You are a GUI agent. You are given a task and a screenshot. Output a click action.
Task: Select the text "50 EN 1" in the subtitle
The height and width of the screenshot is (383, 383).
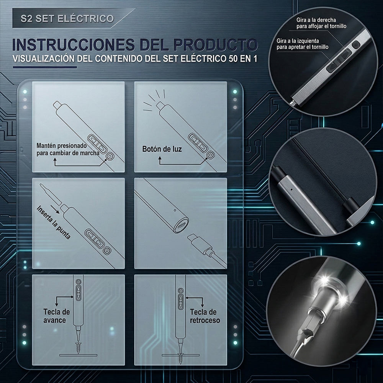coord(242,60)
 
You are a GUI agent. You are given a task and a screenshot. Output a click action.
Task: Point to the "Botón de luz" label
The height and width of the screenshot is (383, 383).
coord(162,149)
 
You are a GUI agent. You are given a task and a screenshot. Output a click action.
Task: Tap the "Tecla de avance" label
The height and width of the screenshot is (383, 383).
coord(56,316)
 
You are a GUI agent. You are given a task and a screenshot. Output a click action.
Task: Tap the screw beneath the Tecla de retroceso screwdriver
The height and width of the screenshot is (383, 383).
coord(180,347)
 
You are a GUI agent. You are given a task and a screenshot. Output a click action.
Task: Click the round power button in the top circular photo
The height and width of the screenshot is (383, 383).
coord(355,45)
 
